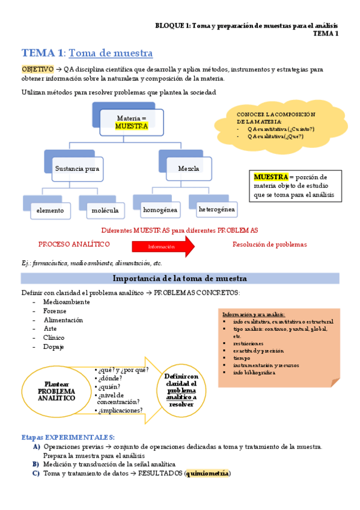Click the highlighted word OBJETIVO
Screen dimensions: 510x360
click(x=37, y=70)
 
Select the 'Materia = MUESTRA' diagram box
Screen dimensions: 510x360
click(x=131, y=122)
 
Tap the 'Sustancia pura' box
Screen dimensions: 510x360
click(x=77, y=168)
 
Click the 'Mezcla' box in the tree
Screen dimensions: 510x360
click(x=189, y=168)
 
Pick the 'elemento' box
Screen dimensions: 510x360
click(x=50, y=210)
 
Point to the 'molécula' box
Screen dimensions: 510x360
click(x=105, y=210)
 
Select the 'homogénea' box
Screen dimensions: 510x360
click(x=160, y=210)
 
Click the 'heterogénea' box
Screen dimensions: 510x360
click(x=216, y=209)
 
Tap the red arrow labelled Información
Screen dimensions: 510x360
click(x=163, y=246)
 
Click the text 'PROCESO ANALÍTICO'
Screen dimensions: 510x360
click(x=74, y=244)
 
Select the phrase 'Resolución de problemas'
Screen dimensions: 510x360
click(x=269, y=244)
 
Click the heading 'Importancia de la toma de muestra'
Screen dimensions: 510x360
click(x=180, y=278)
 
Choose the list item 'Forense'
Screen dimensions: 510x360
click(x=55, y=311)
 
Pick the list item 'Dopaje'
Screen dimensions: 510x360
click(x=53, y=347)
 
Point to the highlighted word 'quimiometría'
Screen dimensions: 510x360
click(x=207, y=473)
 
